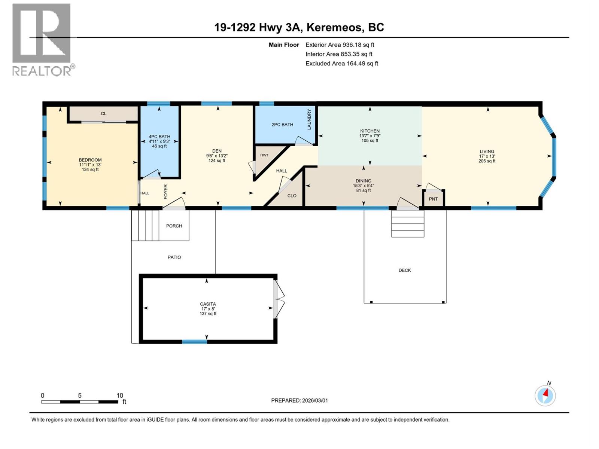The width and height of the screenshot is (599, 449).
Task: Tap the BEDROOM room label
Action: point(90,160)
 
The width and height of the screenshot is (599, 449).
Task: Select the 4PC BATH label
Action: point(159,137)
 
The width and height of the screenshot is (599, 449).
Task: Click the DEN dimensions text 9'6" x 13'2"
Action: point(217,156)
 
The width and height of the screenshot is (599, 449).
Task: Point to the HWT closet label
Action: point(264,155)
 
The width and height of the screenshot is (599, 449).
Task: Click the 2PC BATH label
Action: point(282,125)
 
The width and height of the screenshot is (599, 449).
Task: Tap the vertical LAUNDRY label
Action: point(309,119)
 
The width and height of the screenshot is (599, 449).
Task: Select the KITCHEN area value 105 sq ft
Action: point(370,141)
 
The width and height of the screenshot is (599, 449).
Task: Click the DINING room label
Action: point(364,181)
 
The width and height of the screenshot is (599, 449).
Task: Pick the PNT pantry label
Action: point(433,199)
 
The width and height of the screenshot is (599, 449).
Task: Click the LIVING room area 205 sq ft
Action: point(487,161)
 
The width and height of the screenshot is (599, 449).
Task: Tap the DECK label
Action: point(405,270)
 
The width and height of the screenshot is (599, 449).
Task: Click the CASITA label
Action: point(208,304)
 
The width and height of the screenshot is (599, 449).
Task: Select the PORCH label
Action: point(174,226)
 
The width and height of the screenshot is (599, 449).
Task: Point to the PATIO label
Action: point(174,257)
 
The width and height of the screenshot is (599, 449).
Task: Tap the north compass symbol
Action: point(545,395)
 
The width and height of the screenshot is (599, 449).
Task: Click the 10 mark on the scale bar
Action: point(119,395)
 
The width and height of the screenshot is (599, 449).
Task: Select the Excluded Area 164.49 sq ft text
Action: point(341,64)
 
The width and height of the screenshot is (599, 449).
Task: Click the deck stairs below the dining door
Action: point(408,224)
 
